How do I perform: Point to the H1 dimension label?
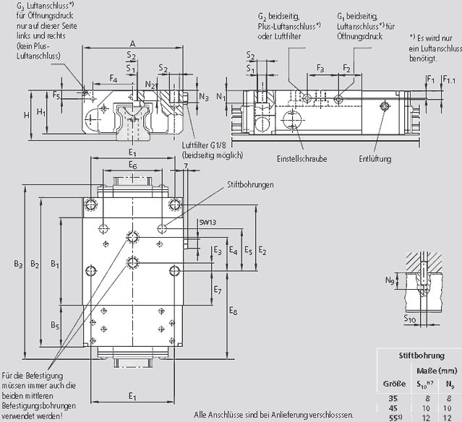[x=41, y=112]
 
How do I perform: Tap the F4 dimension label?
[x=113, y=77]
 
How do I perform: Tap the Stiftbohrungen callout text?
[x=249, y=186]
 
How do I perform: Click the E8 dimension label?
[x=232, y=311]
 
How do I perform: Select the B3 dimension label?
[x=19, y=265]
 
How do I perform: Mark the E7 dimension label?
[x=217, y=290]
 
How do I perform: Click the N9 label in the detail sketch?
[x=390, y=280]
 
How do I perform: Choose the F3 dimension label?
[x=319, y=68]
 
